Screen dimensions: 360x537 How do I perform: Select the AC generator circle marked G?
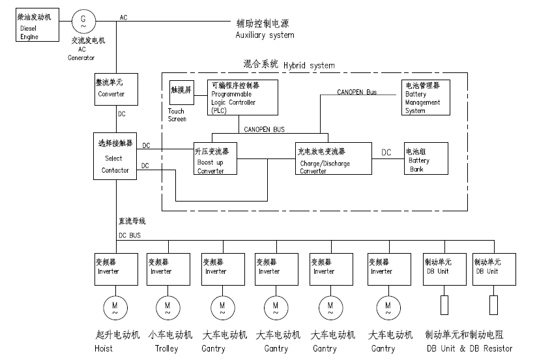(83, 21)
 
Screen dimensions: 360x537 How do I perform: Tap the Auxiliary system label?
(265, 35)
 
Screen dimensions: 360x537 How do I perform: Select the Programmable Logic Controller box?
(243, 98)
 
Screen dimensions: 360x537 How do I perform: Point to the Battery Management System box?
(425, 97)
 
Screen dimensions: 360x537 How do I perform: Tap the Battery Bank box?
(426, 158)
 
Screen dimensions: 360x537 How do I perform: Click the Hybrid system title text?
(289, 65)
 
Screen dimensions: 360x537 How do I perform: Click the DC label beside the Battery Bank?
(386, 153)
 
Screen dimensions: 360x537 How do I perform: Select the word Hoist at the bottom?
(104, 349)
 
